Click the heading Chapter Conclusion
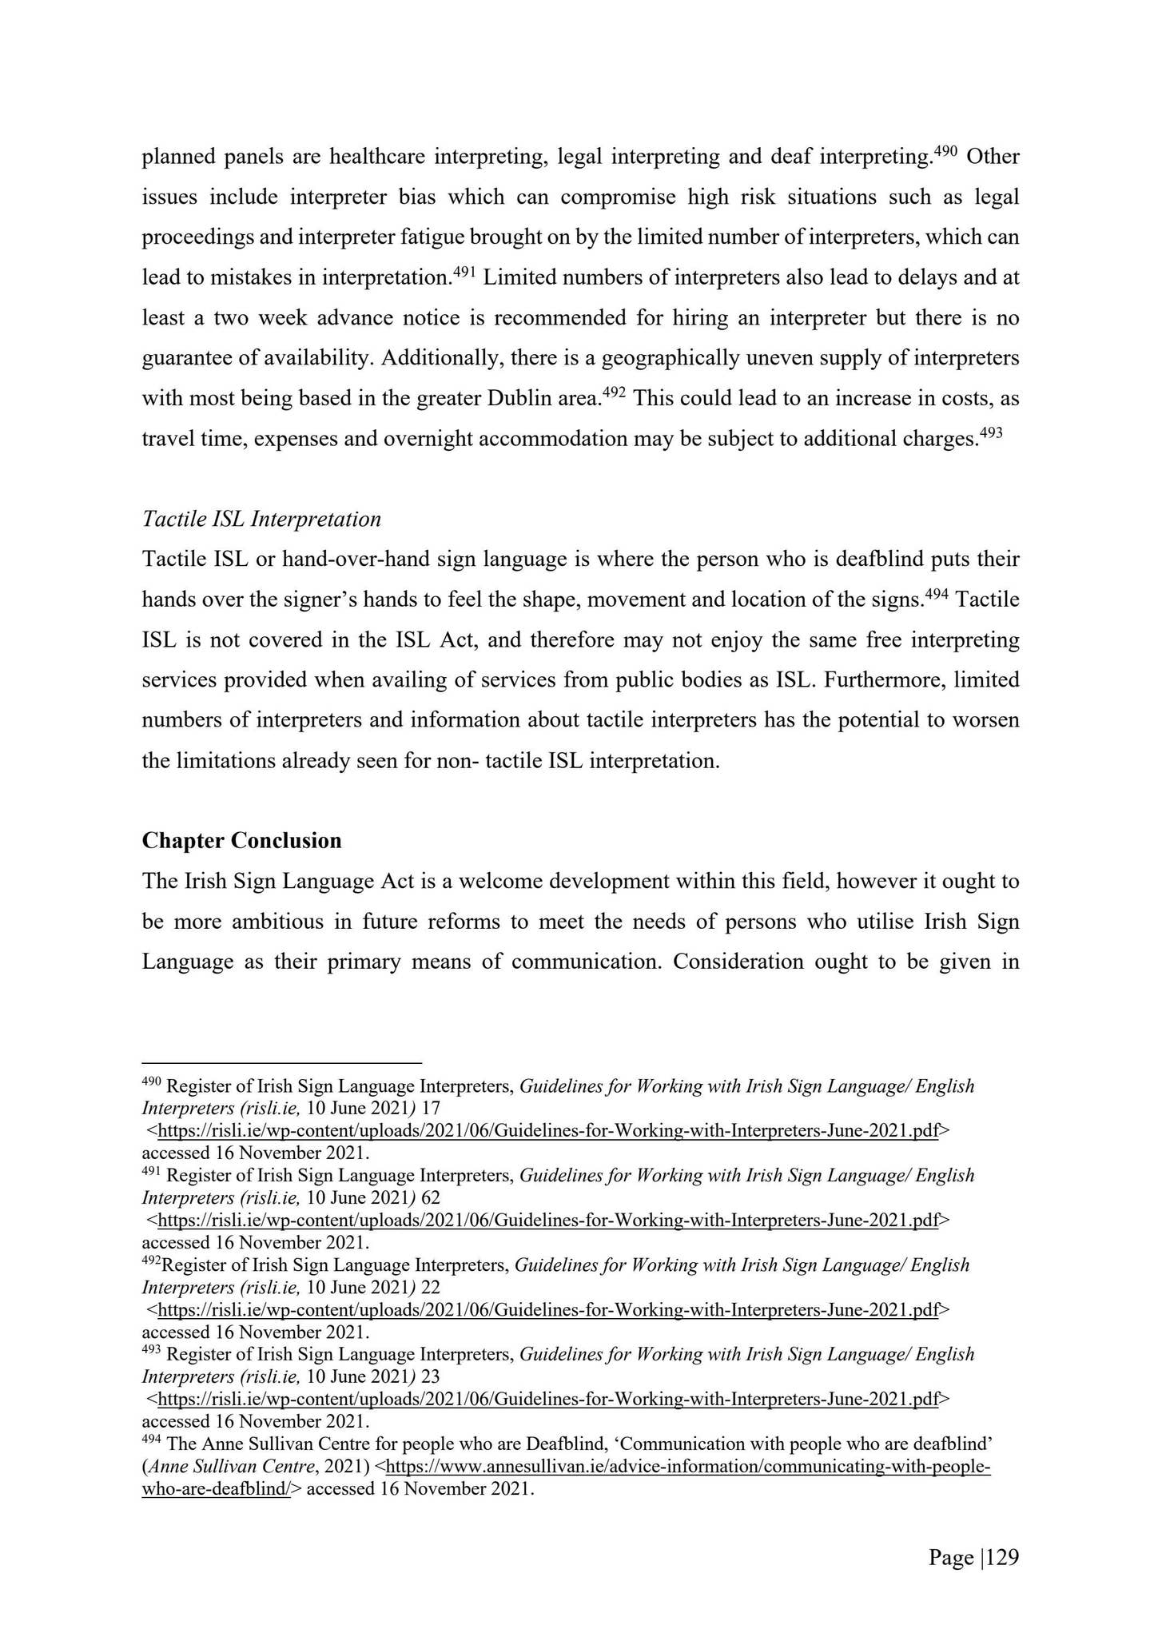click(241, 841)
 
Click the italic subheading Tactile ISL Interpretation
click(261, 520)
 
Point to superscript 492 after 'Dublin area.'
click(613, 392)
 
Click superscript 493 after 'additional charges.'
click(990, 432)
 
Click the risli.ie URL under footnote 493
click(548, 1399)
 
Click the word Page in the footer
click(951, 1557)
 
